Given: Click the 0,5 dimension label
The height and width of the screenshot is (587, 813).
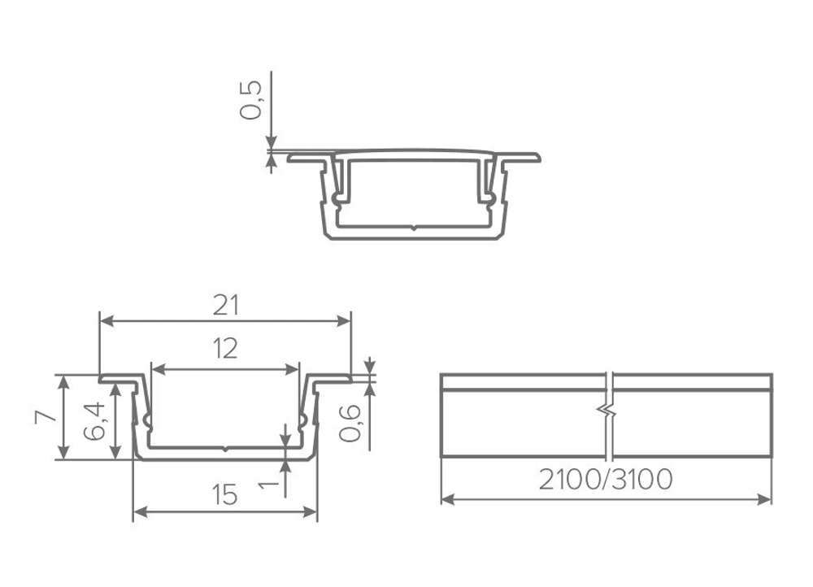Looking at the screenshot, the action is coord(251,100).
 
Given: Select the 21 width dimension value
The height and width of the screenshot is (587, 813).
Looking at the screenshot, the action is coord(226,306).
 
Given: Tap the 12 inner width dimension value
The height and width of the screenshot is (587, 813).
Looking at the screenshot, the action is coord(225,349).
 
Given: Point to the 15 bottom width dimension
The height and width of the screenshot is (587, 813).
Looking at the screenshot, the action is coord(225,494).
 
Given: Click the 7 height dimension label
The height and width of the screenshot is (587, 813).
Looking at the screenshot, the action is coord(45,416).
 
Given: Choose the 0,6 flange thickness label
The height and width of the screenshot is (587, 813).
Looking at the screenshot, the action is coord(350,423).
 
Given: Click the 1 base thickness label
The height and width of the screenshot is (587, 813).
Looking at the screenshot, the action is coord(268,485).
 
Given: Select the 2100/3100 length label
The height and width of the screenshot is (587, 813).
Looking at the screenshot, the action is coord(606,480).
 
